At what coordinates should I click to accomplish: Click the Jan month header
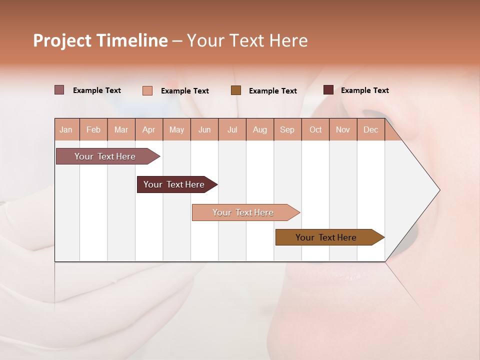click(x=66, y=130)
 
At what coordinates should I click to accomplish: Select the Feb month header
click(x=93, y=130)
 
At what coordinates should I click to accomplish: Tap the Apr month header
click(x=149, y=130)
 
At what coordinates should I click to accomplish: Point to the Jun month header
click(x=204, y=130)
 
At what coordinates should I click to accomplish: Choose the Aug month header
click(x=260, y=130)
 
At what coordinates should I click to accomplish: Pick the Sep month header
click(x=287, y=130)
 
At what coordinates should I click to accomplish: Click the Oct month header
click(x=315, y=130)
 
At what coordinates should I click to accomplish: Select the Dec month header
click(x=371, y=130)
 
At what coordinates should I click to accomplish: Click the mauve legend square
click(x=59, y=90)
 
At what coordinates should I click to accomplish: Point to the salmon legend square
click(x=147, y=90)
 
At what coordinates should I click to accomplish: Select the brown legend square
click(x=236, y=90)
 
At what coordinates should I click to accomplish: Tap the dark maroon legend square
click(x=328, y=90)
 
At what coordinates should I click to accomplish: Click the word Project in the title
click(x=62, y=40)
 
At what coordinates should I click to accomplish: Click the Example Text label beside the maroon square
click(x=365, y=90)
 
